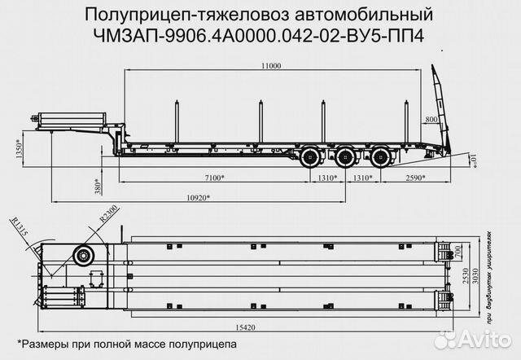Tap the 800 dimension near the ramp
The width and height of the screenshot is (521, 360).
431,120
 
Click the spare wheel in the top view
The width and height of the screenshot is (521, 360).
82,257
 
